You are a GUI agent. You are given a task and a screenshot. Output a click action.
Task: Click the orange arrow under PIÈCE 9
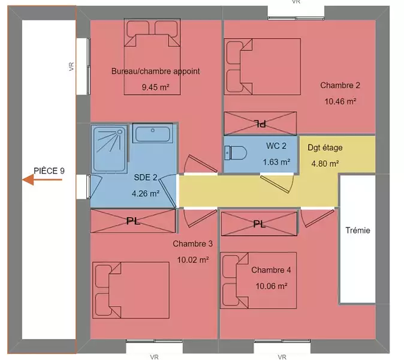tap(42, 180)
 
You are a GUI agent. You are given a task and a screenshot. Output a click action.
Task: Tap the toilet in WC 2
tap(236, 152)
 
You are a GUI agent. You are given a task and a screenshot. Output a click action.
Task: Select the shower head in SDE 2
tap(119, 132)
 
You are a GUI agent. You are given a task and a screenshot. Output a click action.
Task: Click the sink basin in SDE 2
tap(152, 134)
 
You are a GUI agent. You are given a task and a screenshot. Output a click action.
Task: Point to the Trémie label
tap(358, 230)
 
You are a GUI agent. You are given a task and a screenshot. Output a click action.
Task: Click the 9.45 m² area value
tap(155, 87)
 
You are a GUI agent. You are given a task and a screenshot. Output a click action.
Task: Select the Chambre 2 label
tap(340, 85)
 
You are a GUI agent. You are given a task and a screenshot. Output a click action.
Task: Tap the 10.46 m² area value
tap(340, 101)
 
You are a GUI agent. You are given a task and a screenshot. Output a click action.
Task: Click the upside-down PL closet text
tap(260, 124)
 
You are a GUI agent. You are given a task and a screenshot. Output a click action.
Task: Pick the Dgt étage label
tap(325, 148)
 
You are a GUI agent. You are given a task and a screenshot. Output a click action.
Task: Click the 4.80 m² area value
tap(325, 163)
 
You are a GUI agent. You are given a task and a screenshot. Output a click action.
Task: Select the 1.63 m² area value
tap(276, 162)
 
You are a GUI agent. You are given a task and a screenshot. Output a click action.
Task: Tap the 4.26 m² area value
tap(146, 193)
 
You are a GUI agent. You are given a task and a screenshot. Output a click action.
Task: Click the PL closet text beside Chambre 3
tap(133, 221)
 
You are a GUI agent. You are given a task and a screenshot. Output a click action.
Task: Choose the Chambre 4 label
tap(271, 270)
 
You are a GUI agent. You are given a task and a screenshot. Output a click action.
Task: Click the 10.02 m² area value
tap(193, 260)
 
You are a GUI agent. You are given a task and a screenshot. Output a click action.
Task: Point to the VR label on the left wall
tap(71, 67)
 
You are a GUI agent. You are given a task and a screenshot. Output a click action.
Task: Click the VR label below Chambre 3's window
tap(154, 357)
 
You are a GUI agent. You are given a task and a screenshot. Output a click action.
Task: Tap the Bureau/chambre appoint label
tap(155, 71)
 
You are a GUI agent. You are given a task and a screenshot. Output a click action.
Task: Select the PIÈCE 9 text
tap(49, 171)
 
